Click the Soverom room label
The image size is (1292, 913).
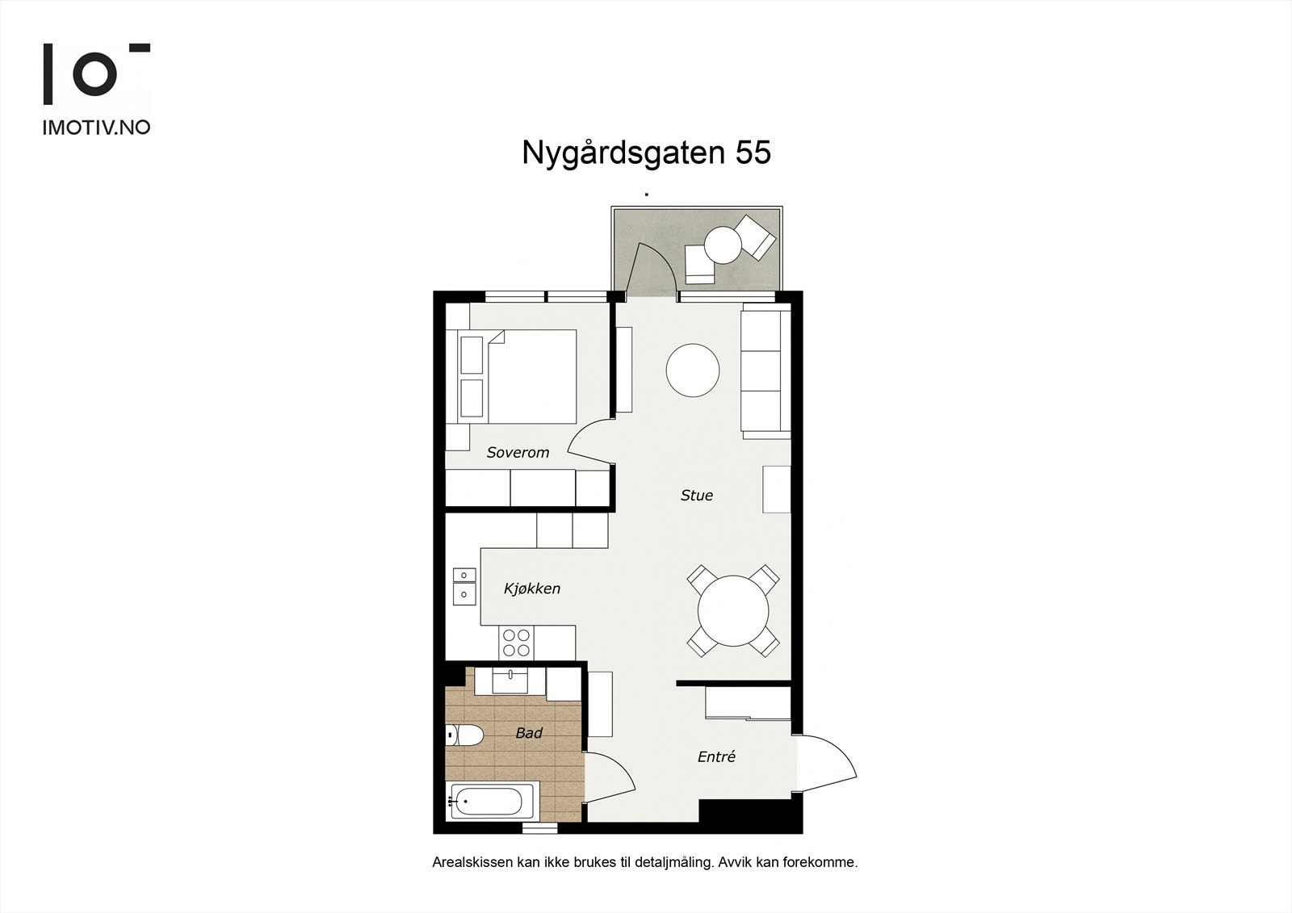[x=518, y=453]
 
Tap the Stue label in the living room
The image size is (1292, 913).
[x=696, y=496]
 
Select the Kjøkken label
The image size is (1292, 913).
[x=531, y=589]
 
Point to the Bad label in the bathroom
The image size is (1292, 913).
[x=529, y=734]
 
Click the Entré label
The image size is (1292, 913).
[x=716, y=757]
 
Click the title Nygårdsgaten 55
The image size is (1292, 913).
[x=646, y=153]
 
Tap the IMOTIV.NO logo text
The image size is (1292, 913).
[x=96, y=128]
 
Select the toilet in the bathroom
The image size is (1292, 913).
[x=465, y=735]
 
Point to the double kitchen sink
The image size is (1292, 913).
[x=464, y=585]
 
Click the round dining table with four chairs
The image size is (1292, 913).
[x=733, y=610]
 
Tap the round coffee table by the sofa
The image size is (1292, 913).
[x=692, y=371]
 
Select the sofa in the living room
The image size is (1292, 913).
[x=764, y=371]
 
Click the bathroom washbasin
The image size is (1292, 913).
[x=511, y=680]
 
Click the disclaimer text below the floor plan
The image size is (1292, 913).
[x=644, y=862]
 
